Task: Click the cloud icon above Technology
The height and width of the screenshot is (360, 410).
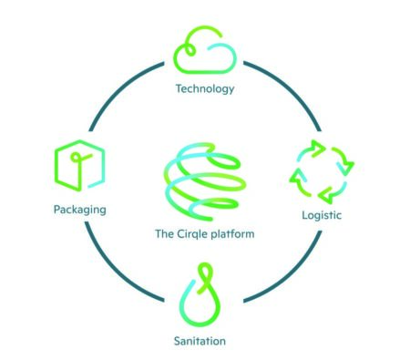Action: point(205,51)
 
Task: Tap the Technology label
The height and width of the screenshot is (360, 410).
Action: point(205,88)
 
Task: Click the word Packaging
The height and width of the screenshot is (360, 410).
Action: point(79,210)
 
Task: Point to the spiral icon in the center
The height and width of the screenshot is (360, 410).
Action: point(204,177)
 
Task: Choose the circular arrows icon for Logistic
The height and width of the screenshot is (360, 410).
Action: point(321,170)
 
